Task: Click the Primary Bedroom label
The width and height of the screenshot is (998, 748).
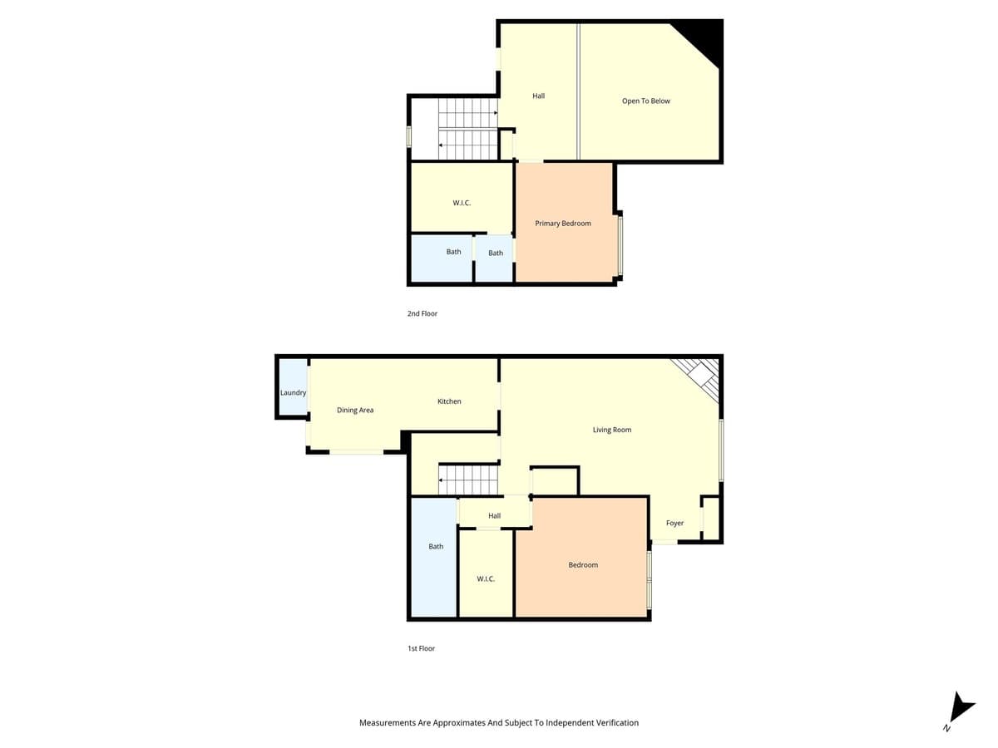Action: [x=563, y=224]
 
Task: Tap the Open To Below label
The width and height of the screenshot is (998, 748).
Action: [x=645, y=101]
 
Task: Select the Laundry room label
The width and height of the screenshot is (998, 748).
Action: [x=294, y=392]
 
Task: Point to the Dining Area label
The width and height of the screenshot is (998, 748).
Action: [x=355, y=410]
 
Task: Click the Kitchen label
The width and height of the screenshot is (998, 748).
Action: [x=449, y=401]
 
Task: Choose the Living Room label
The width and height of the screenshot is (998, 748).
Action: [x=612, y=430]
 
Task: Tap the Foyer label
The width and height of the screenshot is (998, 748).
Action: [x=674, y=524]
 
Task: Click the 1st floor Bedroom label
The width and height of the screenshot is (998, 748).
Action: [x=583, y=565]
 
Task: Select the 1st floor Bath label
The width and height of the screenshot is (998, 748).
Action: [x=436, y=547]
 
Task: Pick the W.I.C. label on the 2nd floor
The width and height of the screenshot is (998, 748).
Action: [x=462, y=203]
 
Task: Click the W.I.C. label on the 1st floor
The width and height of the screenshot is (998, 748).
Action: [x=486, y=578]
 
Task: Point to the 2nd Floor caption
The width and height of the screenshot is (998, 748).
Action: [x=422, y=314]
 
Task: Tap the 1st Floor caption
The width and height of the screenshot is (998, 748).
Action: [x=421, y=648]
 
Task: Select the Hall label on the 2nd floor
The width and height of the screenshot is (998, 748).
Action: [x=539, y=96]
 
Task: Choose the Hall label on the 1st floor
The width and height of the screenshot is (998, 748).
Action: [x=495, y=516]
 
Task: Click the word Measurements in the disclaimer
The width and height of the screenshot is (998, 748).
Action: [x=387, y=723]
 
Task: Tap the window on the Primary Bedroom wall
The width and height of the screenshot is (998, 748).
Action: [x=620, y=245]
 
